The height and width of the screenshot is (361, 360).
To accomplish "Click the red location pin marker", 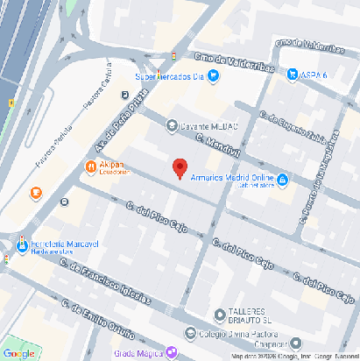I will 180,166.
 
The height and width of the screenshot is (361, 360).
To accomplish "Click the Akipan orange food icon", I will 90,166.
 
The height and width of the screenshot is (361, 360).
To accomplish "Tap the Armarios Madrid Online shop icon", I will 283,180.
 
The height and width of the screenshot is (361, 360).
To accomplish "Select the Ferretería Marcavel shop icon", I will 21,242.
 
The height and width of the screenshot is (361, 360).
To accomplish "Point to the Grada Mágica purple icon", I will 171,353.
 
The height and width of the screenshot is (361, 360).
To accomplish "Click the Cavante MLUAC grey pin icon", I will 172,125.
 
